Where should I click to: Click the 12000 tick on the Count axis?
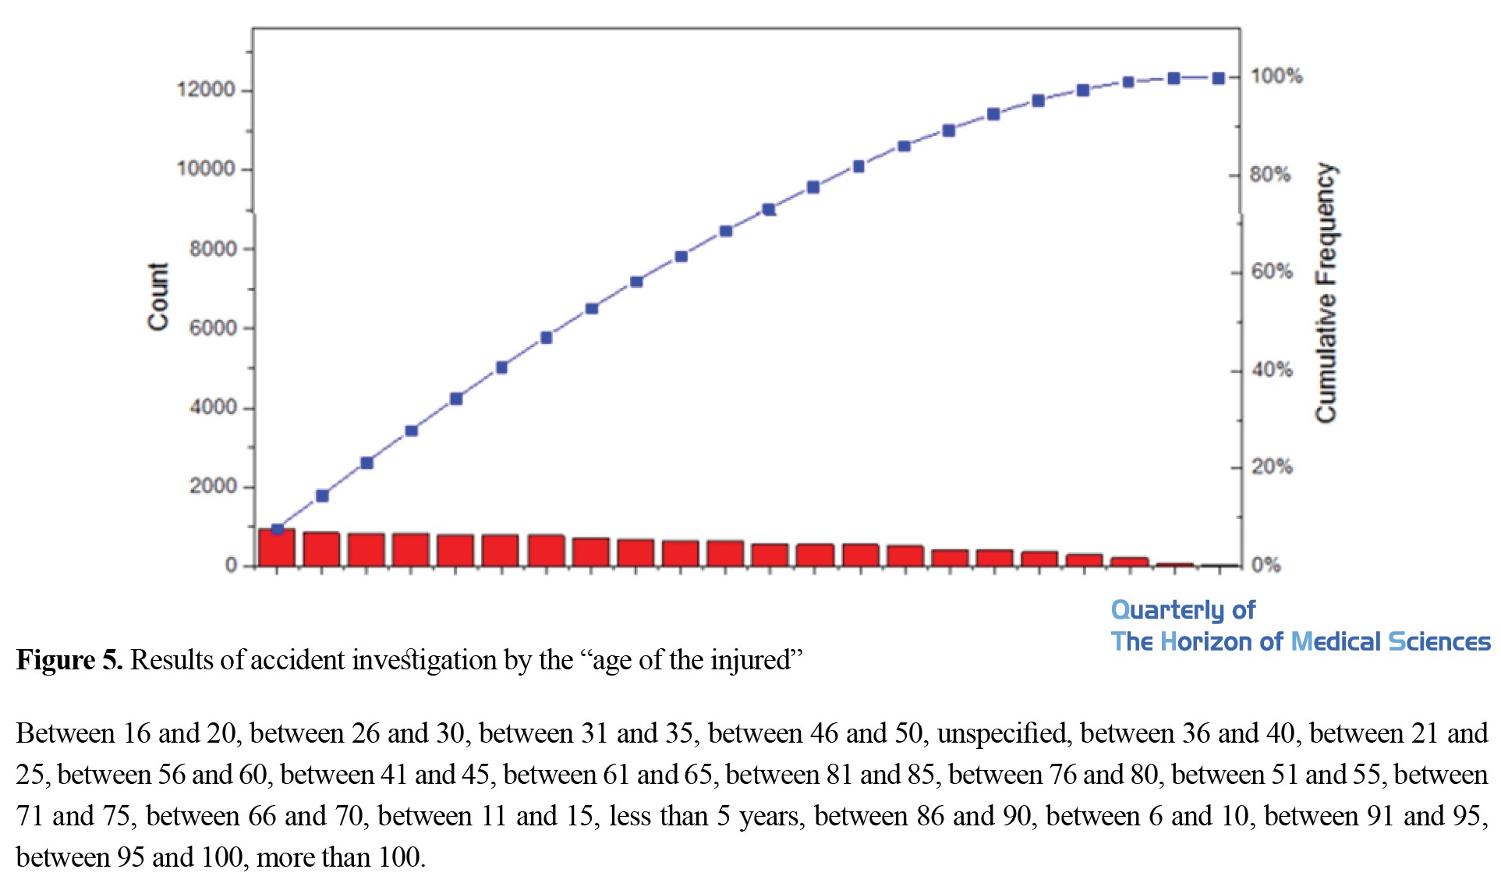206,90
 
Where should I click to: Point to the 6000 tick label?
212,328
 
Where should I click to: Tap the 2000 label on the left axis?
212,486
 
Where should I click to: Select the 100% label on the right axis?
1276,76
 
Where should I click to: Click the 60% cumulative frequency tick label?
1272,272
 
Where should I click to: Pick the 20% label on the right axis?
1272,467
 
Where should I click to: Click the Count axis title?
158,296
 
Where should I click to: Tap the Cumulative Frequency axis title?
1326,293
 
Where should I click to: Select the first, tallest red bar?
277,548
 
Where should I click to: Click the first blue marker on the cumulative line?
277,529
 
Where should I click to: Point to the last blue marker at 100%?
1218,78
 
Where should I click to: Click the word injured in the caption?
755,661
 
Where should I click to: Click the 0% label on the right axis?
1266,565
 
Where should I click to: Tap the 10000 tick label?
206,169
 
